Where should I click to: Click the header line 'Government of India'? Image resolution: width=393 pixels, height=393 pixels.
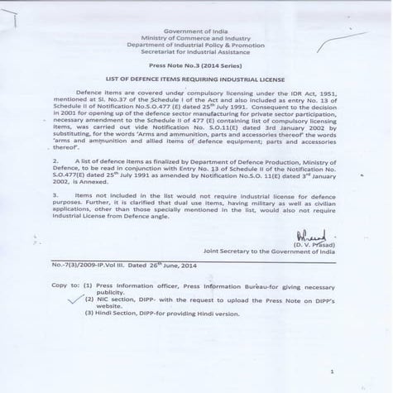[196, 30]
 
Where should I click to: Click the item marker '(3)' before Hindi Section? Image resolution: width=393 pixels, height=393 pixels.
[89, 313]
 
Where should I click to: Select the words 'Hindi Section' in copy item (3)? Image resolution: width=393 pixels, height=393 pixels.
[118, 313]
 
